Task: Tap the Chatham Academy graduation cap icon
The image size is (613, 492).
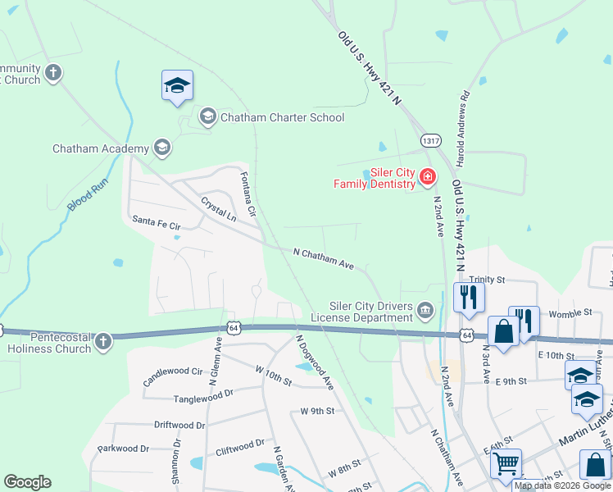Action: pos(162,148)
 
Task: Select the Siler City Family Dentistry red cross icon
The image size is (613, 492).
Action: pos(427,177)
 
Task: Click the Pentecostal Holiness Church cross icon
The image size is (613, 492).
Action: pos(102,341)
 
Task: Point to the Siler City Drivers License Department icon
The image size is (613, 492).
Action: pos(425,310)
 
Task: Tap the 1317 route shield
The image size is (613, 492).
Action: pos(431,141)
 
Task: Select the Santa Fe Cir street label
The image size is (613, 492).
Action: pos(156,221)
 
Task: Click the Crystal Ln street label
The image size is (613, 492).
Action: pos(218,208)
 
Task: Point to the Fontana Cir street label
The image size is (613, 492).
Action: pos(248,194)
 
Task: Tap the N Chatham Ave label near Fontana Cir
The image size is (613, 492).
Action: pos(323,258)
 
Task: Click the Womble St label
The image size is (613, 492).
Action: pos(570,312)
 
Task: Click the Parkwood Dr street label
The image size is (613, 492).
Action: pos(123,449)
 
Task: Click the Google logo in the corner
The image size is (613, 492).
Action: pos(27,482)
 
